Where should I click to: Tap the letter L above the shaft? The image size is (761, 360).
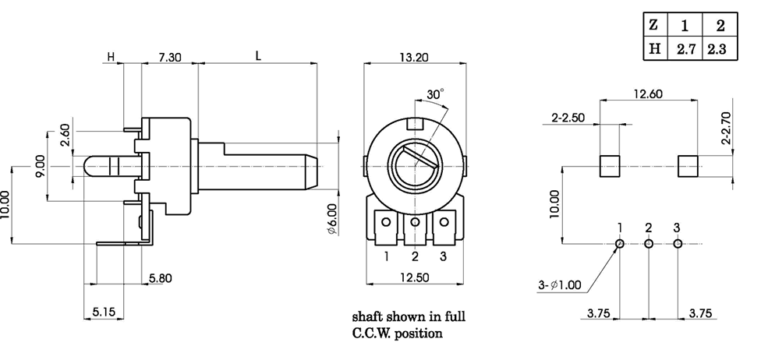[258, 56]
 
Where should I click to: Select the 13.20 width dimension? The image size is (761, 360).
[415, 57]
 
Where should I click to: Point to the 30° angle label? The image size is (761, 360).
[435, 94]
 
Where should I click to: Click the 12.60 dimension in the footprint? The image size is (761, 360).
[648, 94]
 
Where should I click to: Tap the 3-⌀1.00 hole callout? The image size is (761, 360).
[560, 284]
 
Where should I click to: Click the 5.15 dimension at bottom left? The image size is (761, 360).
[103, 312]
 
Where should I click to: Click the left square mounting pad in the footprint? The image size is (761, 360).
[609, 166]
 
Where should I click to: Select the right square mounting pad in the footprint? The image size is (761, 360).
[688, 166]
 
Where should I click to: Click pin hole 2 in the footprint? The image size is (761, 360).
[649, 244]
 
